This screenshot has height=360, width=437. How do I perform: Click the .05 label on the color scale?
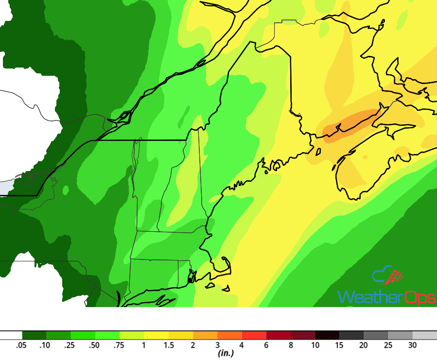click(21, 345)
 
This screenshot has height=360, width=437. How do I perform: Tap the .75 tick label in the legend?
click(119, 345)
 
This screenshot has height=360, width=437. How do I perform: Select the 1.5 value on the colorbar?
click(168, 345)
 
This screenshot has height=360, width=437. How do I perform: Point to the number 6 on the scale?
click(266, 345)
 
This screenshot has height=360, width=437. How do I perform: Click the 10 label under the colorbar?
click(315, 345)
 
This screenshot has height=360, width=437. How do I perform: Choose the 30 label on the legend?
click(412, 345)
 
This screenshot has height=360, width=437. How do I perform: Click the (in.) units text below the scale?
click(226, 354)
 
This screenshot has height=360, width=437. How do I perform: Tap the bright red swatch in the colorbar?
click(254, 335)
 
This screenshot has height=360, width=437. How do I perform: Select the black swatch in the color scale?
click(327, 335)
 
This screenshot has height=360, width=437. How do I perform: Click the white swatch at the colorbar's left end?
click(11, 335)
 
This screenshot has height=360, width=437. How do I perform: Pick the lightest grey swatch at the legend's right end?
click(424, 335)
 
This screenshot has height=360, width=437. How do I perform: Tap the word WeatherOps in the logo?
click(386, 297)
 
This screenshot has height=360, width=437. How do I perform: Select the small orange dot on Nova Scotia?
click(365, 157)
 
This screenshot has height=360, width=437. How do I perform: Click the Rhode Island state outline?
click(184, 272)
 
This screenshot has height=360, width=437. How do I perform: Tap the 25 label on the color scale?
click(388, 345)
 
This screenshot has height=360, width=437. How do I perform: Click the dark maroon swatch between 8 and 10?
click(303, 335)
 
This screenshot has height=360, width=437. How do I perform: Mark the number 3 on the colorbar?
click(217, 345)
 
